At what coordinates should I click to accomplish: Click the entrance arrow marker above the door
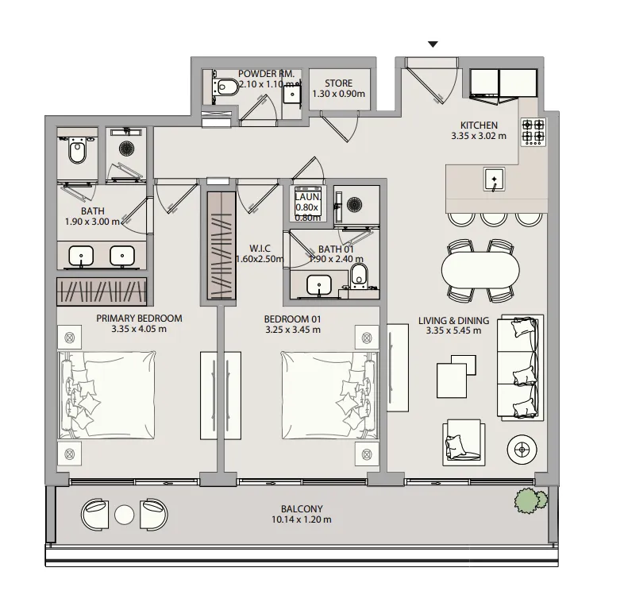point(433,44)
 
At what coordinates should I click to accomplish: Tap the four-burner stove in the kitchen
point(533,131)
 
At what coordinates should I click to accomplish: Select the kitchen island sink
point(495,180)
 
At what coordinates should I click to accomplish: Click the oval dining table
point(480,270)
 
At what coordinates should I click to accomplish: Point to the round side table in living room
point(522,450)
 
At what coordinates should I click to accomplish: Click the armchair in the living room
point(464,442)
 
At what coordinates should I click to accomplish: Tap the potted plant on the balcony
point(530,500)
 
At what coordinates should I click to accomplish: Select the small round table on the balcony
point(124,515)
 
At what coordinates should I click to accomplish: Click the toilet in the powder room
point(225,87)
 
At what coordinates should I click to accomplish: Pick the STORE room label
point(339,83)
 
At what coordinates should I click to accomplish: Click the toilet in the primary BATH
point(77,150)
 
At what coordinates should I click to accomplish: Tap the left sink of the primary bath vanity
point(81,256)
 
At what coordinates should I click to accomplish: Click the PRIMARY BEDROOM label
point(139,319)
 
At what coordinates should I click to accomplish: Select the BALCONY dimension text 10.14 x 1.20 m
point(302,519)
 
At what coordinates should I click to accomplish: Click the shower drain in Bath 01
point(354,205)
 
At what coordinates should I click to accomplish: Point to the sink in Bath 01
point(319,285)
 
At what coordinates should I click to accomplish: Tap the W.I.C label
point(260,249)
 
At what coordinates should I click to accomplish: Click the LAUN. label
point(307,197)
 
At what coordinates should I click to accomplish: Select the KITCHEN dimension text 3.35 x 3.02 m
point(479,136)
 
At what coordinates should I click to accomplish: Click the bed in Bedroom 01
point(329,395)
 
